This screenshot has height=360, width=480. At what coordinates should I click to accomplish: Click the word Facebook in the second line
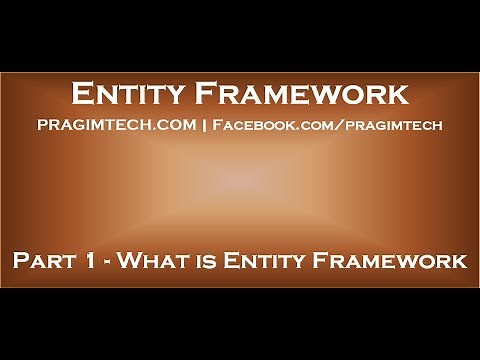pos(254,125)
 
